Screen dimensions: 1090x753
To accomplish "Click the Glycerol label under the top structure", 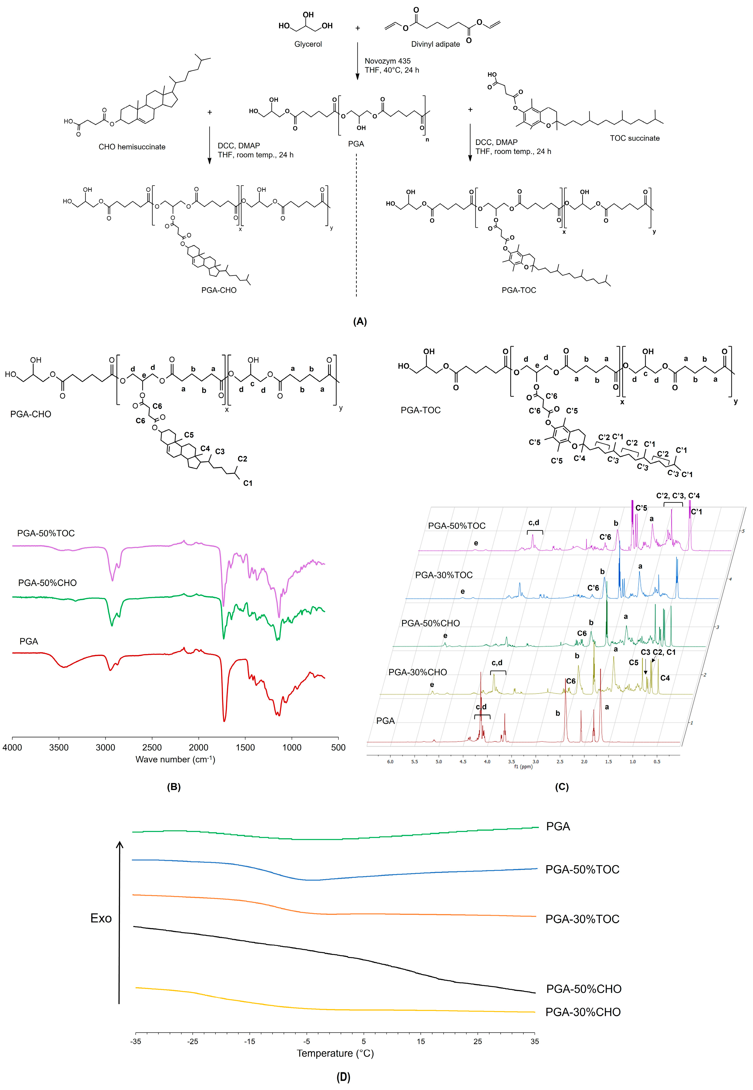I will (x=308, y=44).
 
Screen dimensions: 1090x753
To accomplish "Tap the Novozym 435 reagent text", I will (x=387, y=61).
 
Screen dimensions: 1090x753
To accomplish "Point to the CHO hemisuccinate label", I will (x=132, y=147).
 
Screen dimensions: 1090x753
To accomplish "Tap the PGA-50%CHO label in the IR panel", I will (x=47, y=583).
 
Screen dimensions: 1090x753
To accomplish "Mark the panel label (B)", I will (x=174, y=787).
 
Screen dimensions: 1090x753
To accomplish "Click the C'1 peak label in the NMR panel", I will (x=696, y=512).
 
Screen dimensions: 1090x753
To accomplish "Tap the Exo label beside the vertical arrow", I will (x=101, y=918).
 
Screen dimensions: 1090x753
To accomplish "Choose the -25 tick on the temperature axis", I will (x=192, y=1041).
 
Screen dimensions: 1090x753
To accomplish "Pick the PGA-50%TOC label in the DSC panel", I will (x=582, y=869).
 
